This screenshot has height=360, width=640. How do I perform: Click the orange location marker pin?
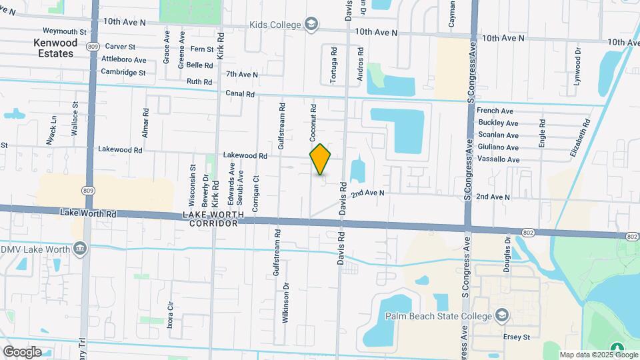(x=321, y=159)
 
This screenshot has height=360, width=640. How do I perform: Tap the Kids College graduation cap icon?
(x=311, y=25)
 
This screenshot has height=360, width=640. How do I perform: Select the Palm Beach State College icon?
(x=501, y=315)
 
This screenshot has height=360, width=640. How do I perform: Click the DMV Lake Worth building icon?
(x=80, y=249)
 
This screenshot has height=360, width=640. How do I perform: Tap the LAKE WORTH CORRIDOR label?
(x=213, y=219)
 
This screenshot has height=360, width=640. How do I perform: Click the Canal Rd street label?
(x=240, y=94)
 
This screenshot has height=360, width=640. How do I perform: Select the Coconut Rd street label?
(x=313, y=121)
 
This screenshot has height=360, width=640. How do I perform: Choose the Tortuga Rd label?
(x=333, y=65)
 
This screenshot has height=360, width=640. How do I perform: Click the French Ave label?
(x=495, y=111)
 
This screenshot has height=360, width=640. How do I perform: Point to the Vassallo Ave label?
(x=498, y=160)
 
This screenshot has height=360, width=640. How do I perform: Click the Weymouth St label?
(x=65, y=31)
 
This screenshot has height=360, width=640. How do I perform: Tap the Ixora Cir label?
(x=171, y=312)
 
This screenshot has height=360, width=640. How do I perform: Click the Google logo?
(x=22, y=351)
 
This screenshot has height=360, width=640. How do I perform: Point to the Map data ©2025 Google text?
(x=589, y=355)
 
